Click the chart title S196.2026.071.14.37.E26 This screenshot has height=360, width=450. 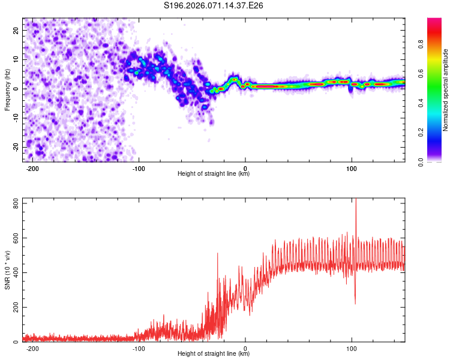(214, 6)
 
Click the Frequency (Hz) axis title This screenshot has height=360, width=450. (7, 89)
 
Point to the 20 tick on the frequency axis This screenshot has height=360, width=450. (17, 30)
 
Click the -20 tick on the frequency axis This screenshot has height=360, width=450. (16, 148)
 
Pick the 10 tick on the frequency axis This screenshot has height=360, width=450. (17, 59)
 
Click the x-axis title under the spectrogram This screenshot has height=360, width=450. (214, 174)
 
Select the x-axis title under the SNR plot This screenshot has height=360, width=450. (214, 354)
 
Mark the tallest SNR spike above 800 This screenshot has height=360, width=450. (356, 200)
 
